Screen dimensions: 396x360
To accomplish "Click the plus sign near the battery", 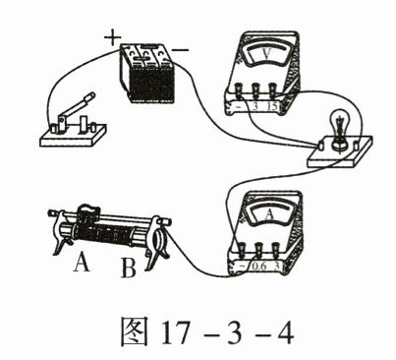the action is tap(113, 37).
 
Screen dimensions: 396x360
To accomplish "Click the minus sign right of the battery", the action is tap(180, 50).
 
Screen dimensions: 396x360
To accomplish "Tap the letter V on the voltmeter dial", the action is tap(266, 54).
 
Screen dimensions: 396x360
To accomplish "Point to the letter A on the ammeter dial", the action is tap(269, 214).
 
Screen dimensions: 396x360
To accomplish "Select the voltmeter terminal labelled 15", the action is tap(272, 90).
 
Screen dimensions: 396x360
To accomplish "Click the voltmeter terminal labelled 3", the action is tap(255, 90).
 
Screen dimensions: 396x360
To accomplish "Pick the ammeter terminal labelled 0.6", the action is tap(258, 251).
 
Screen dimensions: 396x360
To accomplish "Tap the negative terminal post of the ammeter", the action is tap(242, 251).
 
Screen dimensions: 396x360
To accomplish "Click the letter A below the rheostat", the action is tap(82, 263).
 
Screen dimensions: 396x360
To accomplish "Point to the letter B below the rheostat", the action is tap(129, 269).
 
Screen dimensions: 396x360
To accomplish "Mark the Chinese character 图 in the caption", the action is tap(135, 331).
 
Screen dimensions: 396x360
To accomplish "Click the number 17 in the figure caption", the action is tap(176, 332).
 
